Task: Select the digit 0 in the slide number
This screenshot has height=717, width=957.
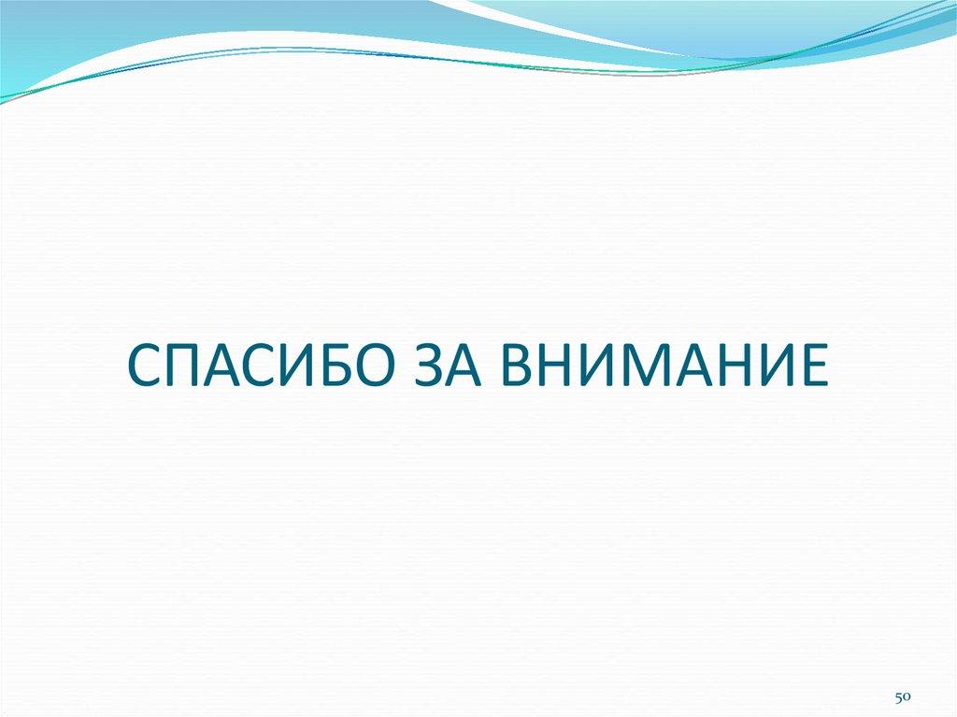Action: click(907, 697)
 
